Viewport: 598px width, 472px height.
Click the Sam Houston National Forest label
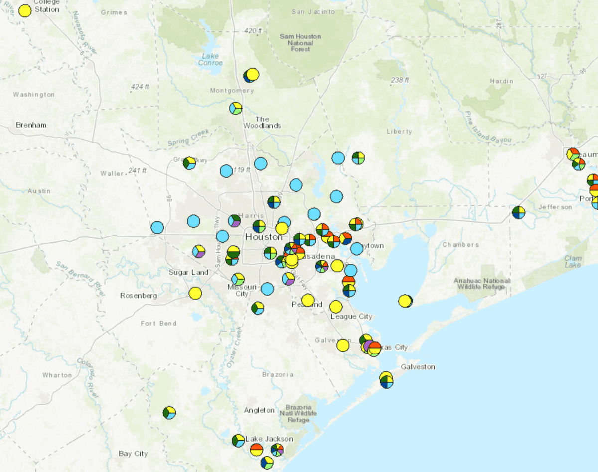click(x=300, y=42)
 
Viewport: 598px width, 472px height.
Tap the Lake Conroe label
click(x=210, y=59)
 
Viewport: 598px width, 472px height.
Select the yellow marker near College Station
click(x=25, y=11)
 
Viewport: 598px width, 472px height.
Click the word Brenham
click(x=31, y=125)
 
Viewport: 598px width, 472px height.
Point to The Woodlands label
click(x=262, y=122)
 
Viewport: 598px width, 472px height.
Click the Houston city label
click(x=264, y=237)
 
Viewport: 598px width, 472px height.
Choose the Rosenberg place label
click(x=139, y=296)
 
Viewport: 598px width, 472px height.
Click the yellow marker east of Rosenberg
click(x=195, y=293)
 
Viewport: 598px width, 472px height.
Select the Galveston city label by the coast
click(x=418, y=367)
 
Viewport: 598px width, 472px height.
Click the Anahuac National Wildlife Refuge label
click(x=482, y=284)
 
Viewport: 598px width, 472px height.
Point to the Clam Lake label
click(x=573, y=262)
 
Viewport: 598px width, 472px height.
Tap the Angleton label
click(x=259, y=410)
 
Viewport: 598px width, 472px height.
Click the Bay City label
click(x=133, y=454)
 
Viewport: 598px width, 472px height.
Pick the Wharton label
click(x=57, y=375)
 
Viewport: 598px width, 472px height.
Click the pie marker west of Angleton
click(x=169, y=413)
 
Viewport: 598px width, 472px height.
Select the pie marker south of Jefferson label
click(x=518, y=212)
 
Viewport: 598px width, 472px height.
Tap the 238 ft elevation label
click(x=400, y=80)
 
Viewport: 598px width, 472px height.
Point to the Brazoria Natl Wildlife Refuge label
click(x=298, y=414)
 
